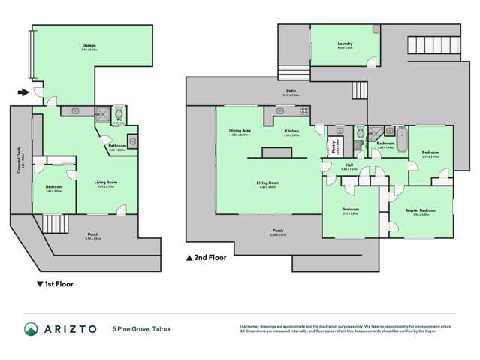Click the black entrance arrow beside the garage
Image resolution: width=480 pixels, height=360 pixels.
[x=23, y=92]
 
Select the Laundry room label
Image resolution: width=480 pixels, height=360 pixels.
[x=345, y=44]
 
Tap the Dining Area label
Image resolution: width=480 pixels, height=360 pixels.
[x=240, y=132]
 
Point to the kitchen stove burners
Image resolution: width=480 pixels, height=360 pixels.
[x=304, y=112]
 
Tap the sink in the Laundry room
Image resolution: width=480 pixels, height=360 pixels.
[x=375, y=30]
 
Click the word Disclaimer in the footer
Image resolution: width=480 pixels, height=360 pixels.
[x=250, y=325]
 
